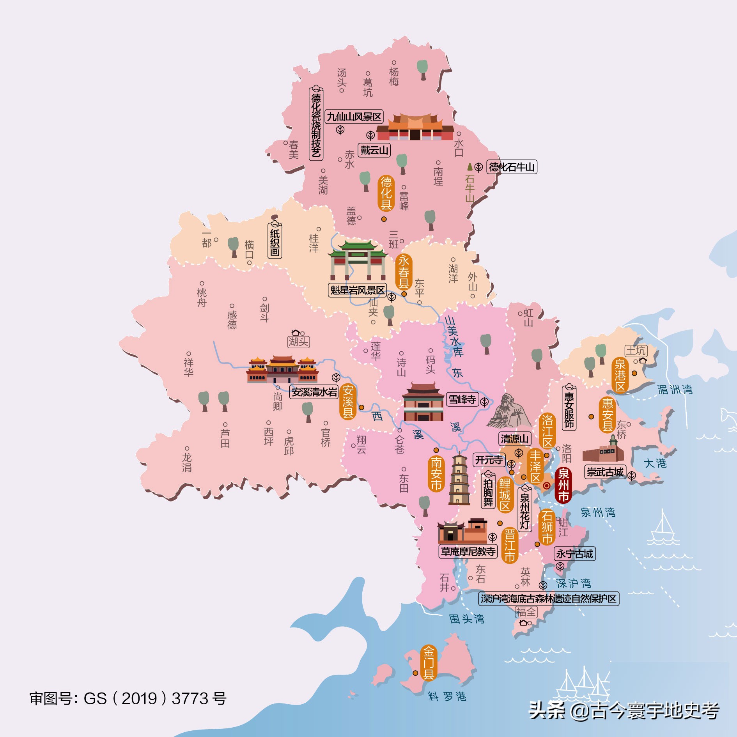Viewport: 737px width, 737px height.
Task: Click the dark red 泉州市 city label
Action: click(563, 485)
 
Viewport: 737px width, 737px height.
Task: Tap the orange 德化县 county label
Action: click(386, 193)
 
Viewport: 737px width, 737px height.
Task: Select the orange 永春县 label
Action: click(404, 272)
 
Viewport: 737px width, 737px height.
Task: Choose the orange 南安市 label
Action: click(436, 473)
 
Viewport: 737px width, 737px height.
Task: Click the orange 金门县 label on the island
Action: click(428, 663)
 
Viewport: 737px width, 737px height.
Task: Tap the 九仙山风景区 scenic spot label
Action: click(354, 117)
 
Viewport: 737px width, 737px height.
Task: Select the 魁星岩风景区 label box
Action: click(357, 290)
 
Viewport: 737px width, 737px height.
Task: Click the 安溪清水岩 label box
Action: click(314, 392)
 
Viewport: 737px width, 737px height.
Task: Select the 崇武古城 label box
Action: click(605, 472)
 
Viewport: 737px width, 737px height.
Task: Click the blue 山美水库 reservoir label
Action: click(454, 337)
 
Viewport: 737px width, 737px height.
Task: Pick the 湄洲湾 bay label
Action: click(675, 389)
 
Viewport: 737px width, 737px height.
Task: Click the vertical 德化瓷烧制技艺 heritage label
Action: click(316, 124)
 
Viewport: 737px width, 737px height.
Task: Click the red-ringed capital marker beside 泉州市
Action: click(547, 485)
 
